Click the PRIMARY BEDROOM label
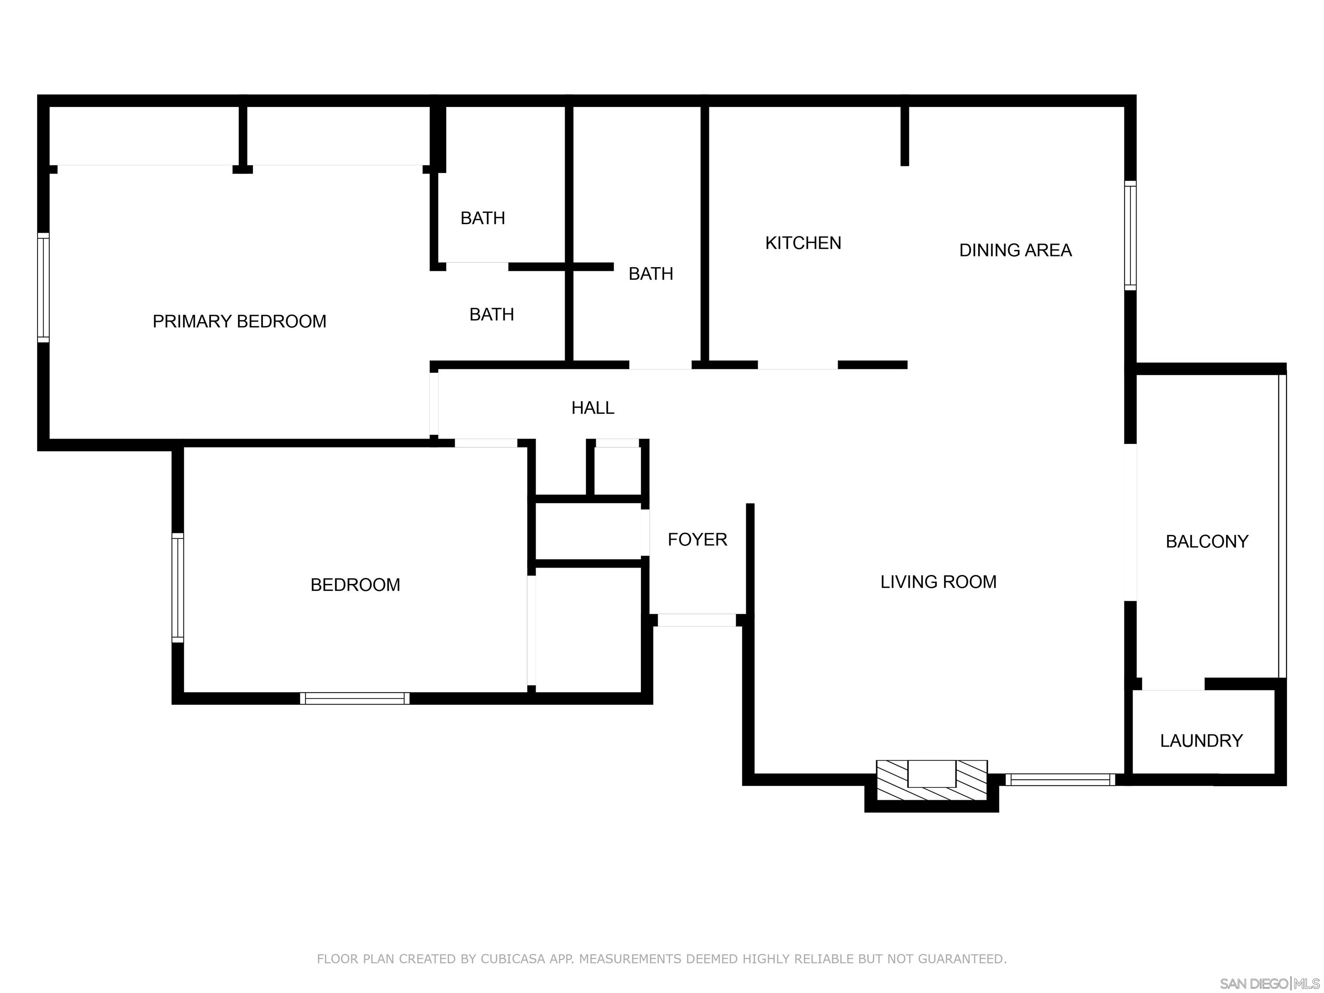[240, 322]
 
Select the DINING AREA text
[1015, 250]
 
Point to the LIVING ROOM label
[938, 582]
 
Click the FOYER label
[697, 539]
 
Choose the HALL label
[593, 408]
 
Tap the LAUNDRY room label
[1201, 741]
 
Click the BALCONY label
[1207, 542]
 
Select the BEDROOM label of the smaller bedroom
[355, 585]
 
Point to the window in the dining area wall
[1130, 236]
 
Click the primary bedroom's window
[43, 288]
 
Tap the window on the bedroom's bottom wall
[355, 698]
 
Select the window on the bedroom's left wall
[178, 588]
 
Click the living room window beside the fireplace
[1060, 779]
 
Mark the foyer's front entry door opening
[697, 620]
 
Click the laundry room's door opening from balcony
[1173, 684]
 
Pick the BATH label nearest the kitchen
[651, 274]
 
